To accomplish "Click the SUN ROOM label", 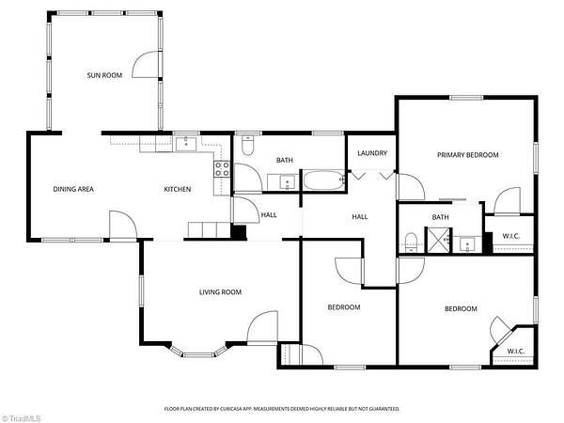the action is [x=104, y=75].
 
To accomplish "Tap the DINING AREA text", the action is [x=73, y=189].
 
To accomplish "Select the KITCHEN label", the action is [x=178, y=189].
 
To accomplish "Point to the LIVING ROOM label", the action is [x=220, y=292].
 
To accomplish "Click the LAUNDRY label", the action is [x=372, y=153].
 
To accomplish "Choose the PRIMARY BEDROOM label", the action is [x=467, y=155].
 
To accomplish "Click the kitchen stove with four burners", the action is [x=222, y=169].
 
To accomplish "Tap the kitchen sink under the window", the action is [x=186, y=144].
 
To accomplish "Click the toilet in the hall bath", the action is [x=247, y=145].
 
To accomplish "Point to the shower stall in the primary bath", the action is [x=438, y=240].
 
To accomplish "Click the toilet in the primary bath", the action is [x=411, y=243].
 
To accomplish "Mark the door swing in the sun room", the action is [x=146, y=64].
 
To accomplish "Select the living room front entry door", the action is [x=262, y=328].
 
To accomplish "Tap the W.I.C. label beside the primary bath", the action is [x=510, y=236].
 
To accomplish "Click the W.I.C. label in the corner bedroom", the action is [x=515, y=351].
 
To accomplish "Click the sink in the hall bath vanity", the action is [x=287, y=182].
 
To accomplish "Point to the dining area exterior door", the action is [x=123, y=226].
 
